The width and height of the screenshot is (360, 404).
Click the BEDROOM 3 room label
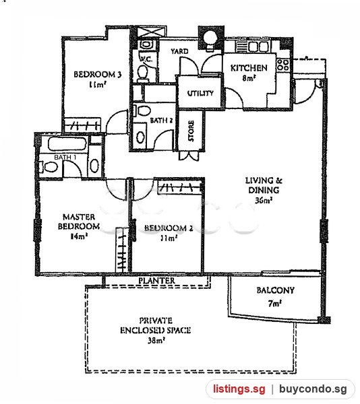(98, 75)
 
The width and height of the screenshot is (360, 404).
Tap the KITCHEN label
(249, 68)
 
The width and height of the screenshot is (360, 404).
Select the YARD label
(179, 51)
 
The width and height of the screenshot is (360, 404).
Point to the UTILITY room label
(200, 93)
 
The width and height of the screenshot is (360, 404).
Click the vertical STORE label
(191, 131)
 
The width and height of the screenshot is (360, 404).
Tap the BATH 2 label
(161, 121)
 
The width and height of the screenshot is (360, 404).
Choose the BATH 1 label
(65, 157)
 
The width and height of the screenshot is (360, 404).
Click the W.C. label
(146, 59)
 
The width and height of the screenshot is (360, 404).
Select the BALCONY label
(276, 290)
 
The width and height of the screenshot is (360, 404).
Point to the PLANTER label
(157, 281)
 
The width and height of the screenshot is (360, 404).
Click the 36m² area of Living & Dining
(264, 200)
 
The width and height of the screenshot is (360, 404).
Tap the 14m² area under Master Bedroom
(79, 236)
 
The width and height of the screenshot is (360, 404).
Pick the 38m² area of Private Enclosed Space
(156, 341)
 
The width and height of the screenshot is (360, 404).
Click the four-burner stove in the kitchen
(283, 65)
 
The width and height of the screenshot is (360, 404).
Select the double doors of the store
(189, 156)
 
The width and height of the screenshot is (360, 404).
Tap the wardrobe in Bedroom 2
(179, 187)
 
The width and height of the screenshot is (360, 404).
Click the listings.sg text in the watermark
(239, 389)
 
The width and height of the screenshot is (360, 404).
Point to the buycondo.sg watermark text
(313, 389)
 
